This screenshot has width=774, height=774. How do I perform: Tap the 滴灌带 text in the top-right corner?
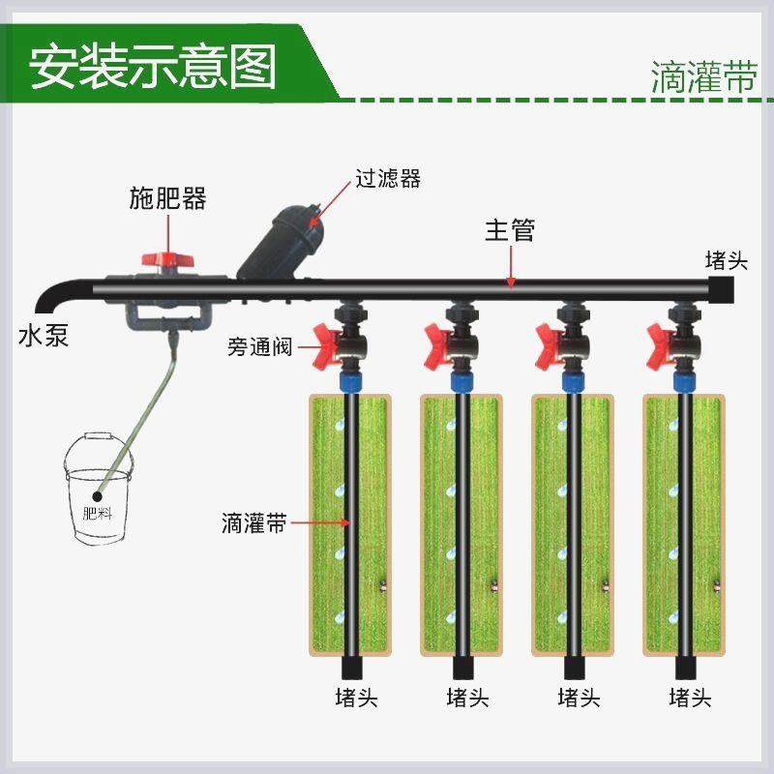[703, 77]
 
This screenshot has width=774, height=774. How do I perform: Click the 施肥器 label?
[168, 198]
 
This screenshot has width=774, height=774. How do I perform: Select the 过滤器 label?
[388, 179]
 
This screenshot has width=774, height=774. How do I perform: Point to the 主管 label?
[509, 231]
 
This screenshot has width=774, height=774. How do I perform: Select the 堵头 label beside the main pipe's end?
[728, 259]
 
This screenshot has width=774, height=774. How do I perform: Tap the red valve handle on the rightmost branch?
[659, 342]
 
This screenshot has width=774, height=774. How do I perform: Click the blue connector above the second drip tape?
[461, 380]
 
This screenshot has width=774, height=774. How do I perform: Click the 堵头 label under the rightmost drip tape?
[690, 698]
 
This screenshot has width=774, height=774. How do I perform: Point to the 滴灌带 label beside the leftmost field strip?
[253, 525]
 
